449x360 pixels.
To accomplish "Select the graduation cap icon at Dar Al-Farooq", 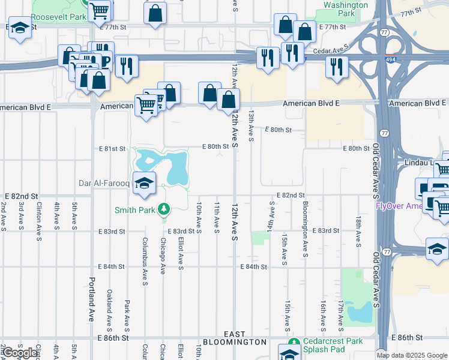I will pos(144,184).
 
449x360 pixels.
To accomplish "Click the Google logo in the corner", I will pos(20,353).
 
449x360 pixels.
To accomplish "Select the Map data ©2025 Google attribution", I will pos(412,355).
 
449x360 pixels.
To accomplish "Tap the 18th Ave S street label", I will pos(358,232).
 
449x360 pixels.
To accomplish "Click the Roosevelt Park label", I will pos(58,18).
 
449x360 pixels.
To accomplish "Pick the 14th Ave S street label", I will pos(271,218).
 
